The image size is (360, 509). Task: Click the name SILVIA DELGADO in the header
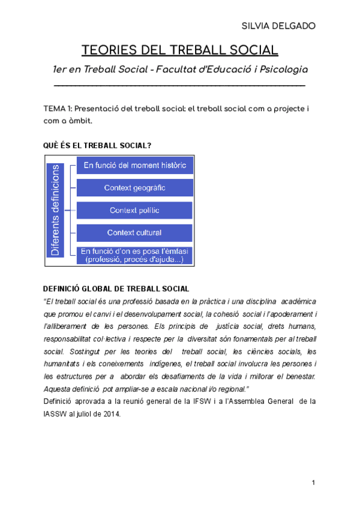point(278,26)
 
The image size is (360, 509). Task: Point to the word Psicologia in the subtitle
point(282,70)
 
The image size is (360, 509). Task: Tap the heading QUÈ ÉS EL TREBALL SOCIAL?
point(97,146)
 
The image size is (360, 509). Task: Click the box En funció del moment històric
point(134,165)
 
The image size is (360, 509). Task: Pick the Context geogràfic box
point(134,188)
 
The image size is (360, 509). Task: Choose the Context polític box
point(134,211)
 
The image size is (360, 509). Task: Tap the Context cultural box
point(134,232)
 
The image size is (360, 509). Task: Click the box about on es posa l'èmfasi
point(134,255)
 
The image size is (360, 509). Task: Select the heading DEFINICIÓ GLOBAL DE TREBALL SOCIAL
point(117,289)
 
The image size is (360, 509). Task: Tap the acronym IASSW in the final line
point(56,414)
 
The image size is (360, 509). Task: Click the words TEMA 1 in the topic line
point(58,109)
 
